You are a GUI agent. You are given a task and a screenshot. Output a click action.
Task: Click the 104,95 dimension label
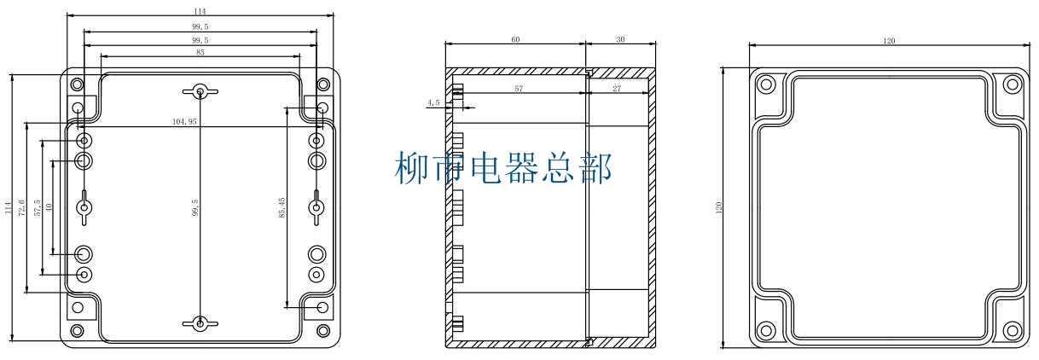click(184, 122)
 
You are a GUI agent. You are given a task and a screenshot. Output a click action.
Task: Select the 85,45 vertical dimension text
click(282, 206)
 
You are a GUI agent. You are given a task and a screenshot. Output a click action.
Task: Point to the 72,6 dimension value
click(21, 207)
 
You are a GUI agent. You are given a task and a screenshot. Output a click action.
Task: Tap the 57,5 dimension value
click(37, 207)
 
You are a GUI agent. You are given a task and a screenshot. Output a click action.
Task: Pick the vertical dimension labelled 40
click(49, 207)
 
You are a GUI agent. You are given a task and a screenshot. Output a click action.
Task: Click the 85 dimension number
click(200, 53)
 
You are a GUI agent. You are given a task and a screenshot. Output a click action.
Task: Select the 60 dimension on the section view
click(515, 39)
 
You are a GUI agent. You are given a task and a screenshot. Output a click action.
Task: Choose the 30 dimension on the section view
click(619, 39)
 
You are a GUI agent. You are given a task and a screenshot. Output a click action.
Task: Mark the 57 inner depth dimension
click(518, 88)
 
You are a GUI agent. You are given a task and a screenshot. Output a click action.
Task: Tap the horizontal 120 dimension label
click(889, 40)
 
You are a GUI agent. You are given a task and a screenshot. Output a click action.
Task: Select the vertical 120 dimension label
click(719, 207)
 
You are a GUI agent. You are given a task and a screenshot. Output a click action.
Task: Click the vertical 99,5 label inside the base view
click(195, 207)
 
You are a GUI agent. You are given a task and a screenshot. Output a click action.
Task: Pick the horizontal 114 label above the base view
click(200, 12)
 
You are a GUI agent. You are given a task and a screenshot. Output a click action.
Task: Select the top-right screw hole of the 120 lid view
click(1012, 84)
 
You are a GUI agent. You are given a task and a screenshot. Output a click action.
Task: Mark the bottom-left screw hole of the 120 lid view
click(765, 329)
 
